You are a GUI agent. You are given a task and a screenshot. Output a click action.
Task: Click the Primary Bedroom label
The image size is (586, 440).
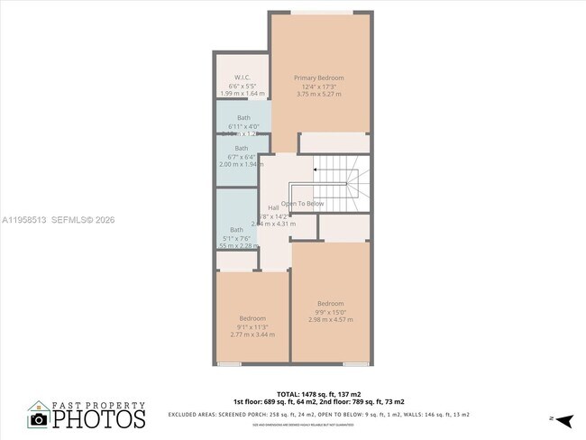pos(319,78)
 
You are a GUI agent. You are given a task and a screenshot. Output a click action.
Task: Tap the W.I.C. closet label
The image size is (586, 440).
pos(242,77)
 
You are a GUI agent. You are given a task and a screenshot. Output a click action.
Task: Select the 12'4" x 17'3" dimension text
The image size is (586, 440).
pos(319,86)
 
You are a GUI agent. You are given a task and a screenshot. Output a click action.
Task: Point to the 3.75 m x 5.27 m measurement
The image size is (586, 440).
pos(319,95)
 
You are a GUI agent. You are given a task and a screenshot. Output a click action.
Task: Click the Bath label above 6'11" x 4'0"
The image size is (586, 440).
pos(243,118)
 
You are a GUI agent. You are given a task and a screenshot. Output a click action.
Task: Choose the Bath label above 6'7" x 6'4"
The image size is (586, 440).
pos(242,148)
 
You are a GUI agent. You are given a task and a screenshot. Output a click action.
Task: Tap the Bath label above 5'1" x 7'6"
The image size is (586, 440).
pos(236,230)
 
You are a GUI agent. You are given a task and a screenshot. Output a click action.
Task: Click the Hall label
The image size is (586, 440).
pos(273,208)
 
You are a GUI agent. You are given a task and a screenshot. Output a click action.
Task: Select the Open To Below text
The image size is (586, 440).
pos(303,204)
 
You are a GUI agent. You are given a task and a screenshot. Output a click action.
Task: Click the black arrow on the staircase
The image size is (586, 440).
pos(315,169)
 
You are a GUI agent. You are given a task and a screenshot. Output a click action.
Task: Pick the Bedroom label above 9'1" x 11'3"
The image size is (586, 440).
pos(252,318)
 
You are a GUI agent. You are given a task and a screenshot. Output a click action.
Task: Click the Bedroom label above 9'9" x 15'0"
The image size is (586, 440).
pos(331,303)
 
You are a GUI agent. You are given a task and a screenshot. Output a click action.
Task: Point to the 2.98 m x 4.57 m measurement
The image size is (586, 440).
pos(331,320)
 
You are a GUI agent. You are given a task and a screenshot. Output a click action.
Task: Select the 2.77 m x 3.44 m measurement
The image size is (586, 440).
pos(252,335)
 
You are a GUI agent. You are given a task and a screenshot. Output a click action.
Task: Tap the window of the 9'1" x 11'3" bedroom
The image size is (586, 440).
pos(230,363)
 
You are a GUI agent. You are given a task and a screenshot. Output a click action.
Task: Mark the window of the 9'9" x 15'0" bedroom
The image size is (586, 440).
pos(355,363)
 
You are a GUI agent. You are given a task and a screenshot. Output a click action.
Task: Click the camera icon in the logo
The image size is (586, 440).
pos(39,419)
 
